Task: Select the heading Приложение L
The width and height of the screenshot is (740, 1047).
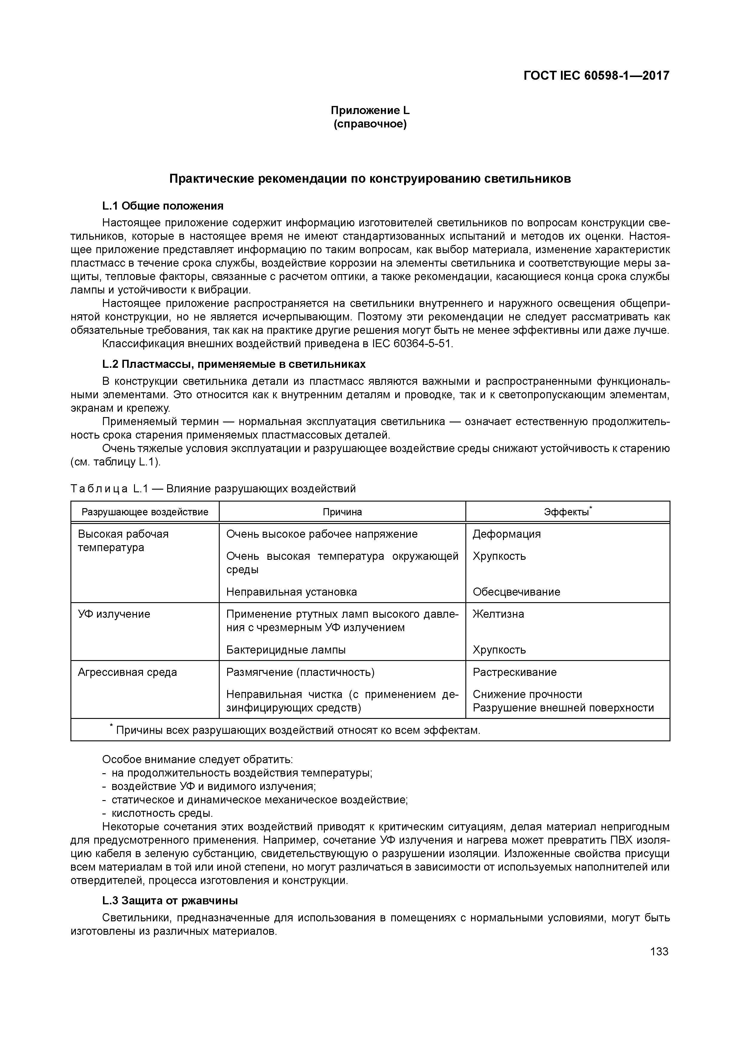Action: (x=370, y=110)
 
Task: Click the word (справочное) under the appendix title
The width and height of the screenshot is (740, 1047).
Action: (x=370, y=124)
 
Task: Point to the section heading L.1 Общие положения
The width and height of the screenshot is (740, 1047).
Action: (x=163, y=206)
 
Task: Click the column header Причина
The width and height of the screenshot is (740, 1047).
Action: (x=342, y=512)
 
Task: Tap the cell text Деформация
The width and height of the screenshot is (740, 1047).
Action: (x=506, y=534)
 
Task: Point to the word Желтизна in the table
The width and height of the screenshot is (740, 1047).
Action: (x=498, y=614)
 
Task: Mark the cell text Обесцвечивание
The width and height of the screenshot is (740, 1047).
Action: (x=516, y=592)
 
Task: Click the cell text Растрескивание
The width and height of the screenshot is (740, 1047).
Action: (x=514, y=672)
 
